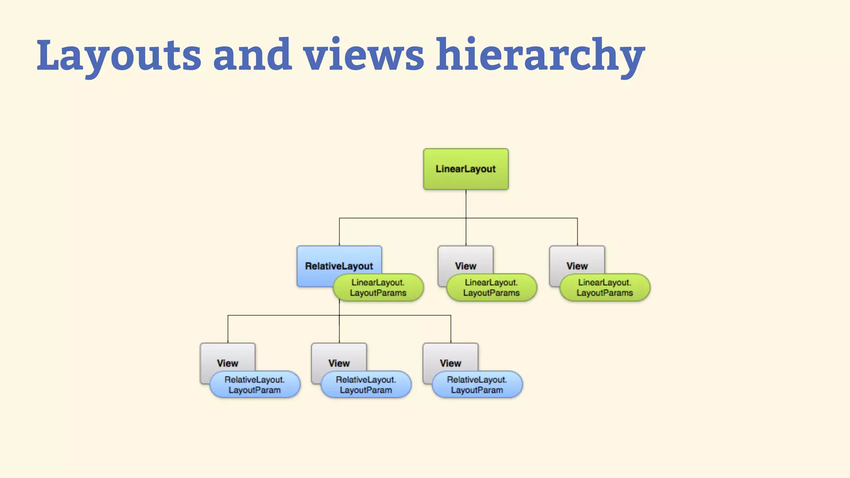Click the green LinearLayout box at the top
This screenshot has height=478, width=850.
pyautogui.click(x=466, y=169)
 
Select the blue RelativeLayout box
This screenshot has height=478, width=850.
pyautogui.click(x=328, y=261)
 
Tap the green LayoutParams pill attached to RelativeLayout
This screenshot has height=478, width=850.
pyautogui.click(x=378, y=288)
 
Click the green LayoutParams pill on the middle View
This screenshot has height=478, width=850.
pyautogui.click(x=491, y=288)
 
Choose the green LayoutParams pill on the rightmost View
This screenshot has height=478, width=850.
pyautogui.click(x=605, y=288)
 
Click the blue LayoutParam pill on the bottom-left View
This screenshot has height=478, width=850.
pyautogui.click(x=254, y=385)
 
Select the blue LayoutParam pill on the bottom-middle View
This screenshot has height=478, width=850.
pyautogui.click(x=366, y=385)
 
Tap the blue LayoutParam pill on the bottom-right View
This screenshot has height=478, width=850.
pyautogui.click(x=477, y=385)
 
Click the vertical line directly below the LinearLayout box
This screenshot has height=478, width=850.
pyautogui.click(x=466, y=203)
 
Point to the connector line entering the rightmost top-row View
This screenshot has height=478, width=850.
pyautogui.click(x=577, y=232)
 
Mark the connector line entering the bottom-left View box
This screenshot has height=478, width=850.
pyautogui.click(x=228, y=330)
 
